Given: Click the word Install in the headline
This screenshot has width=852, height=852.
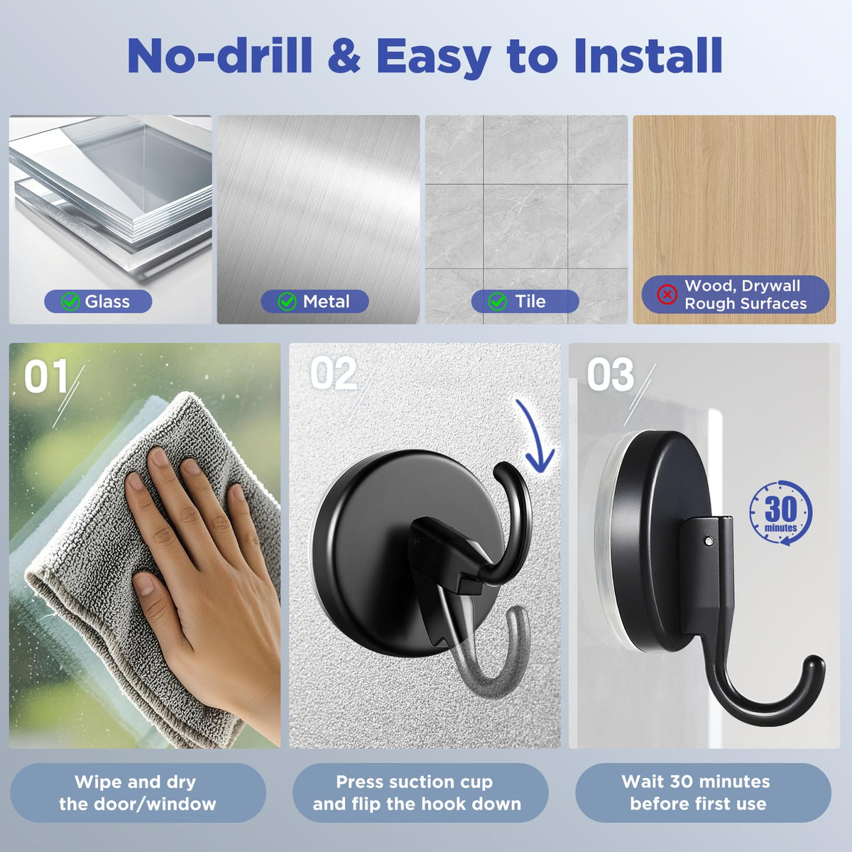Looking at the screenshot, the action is tap(648, 55).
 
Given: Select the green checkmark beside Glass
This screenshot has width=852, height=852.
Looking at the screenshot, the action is tap(70, 302).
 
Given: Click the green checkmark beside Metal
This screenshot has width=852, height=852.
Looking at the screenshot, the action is tap(287, 302).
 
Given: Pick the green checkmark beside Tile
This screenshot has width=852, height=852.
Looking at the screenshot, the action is tap(498, 302).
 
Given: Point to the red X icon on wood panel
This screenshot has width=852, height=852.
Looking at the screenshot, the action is tap(667, 295).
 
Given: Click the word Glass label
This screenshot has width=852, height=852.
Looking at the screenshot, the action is tap(107, 302).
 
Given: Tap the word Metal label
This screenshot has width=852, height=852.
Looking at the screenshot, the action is tap(327, 302).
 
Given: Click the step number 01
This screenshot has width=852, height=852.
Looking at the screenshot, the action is tap(46, 376).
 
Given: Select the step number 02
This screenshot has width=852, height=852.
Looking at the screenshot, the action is tap(334, 374).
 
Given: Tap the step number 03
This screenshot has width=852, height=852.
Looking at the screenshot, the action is tap(611, 374).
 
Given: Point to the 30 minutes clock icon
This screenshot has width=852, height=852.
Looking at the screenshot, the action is tap(781, 513).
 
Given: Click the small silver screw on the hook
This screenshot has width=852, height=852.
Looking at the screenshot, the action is tap(709, 540).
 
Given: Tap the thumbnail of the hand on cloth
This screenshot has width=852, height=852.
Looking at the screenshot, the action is tap(145, 545).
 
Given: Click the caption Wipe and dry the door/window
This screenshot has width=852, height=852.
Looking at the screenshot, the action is tap(138, 793).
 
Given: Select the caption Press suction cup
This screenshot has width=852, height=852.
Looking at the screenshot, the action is tap(414, 782).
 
